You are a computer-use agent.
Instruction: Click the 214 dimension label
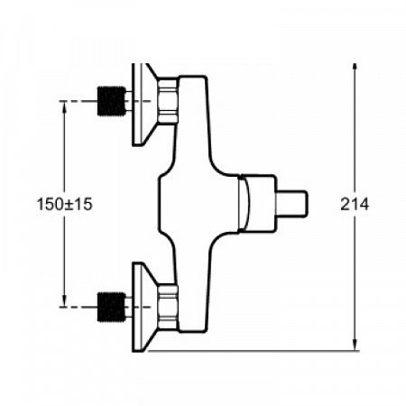pos(355,206)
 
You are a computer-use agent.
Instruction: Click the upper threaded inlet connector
pos(112,101)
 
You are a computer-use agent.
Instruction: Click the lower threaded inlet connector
pos(112,308)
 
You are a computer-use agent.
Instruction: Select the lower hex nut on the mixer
pos(168,307)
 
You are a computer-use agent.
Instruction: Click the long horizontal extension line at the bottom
pos(271,349)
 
